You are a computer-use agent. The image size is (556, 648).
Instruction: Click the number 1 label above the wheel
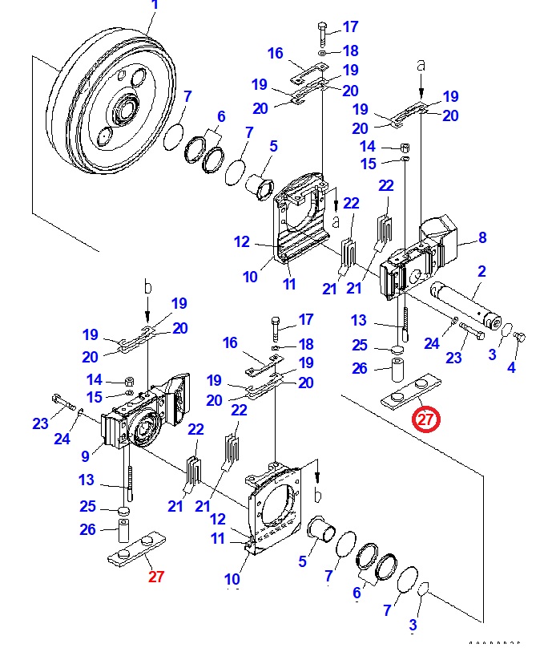pos(155,6)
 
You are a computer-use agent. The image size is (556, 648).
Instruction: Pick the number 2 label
pos(481,272)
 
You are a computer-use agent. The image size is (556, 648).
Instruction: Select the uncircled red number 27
pos(155,576)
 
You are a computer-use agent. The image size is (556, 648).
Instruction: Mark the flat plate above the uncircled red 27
pos(135,553)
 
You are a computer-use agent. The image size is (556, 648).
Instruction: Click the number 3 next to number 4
pos(492,354)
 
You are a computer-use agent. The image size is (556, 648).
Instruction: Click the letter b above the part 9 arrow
pos(147,286)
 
